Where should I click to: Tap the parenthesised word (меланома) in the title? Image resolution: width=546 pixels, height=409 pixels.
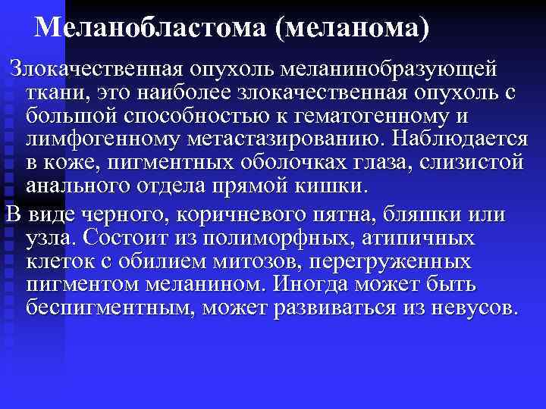[353, 28]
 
